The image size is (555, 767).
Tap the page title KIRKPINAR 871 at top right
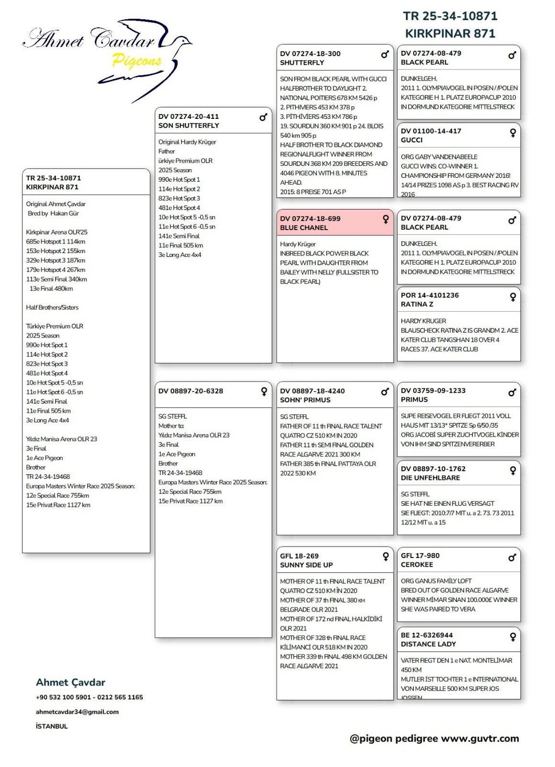tap(450, 34)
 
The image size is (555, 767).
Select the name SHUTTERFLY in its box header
tap(302, 63)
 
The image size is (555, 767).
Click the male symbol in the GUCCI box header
tap(512, 133)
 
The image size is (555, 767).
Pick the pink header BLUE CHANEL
tap(335, 223)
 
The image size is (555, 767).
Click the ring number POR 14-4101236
tap(430, 295)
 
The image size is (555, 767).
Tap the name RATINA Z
tap(417, 304)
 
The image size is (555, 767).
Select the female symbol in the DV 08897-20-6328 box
tap(264, 392)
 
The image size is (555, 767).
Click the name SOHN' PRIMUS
tap(305, 400)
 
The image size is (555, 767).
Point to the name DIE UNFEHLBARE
tap(430, 478)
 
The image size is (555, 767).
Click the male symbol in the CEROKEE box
tap(512, 558)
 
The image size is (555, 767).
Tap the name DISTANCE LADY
tap(428, 644)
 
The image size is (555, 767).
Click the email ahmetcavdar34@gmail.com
tap(77, 712)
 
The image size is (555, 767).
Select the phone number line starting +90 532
tap(89, 697)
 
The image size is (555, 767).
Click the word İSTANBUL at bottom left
tap(52, 726)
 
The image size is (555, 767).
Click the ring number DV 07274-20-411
tap(188, 116)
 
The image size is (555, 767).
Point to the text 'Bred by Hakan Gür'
tap(53, 213)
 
